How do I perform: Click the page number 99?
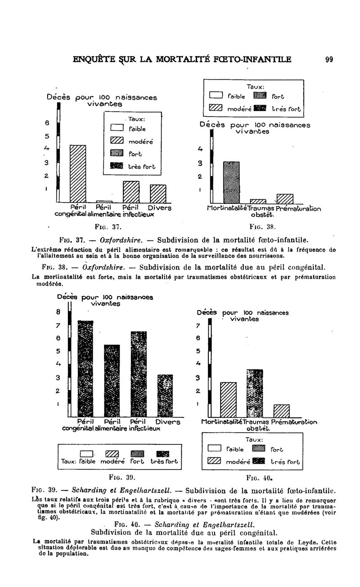point(328,59)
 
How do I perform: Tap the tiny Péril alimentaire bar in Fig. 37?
point(104,201)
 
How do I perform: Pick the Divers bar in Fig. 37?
point(158,194)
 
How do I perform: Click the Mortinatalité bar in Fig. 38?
point(231,182)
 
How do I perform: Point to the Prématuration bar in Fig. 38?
point(285,199)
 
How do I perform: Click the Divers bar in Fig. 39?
point(165,396)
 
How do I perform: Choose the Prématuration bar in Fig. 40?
point(281,411)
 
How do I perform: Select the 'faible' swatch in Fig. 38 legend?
point(216,95)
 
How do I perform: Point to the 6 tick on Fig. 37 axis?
point(52,122)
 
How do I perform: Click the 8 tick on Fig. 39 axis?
point(58,311)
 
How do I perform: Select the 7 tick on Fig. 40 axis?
point(197,325)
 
